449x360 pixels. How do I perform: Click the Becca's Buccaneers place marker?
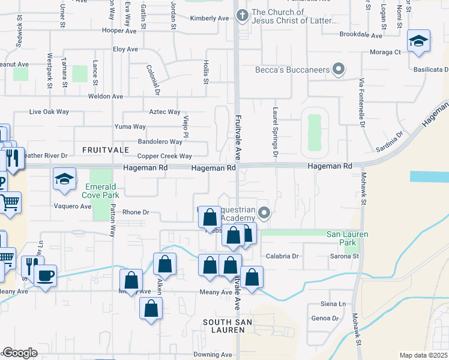(x=339, y=70)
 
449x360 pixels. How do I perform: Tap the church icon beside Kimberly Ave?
(x=243, y=16)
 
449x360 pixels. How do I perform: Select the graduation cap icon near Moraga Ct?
(x=418, y=41)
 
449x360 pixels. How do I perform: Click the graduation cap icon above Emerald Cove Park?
(x=64, y=179)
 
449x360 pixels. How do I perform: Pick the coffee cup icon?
(x=46, y=275)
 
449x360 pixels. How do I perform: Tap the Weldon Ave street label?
(x=105, y=96)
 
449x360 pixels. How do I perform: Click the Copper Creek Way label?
(x=164, y=156)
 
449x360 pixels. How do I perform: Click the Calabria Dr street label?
(x=282, y=256)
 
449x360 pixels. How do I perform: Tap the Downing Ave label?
(x=213, y=355)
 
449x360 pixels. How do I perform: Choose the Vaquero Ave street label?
(x=74, y=206)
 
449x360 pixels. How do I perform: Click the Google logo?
(x=20, y=353)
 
